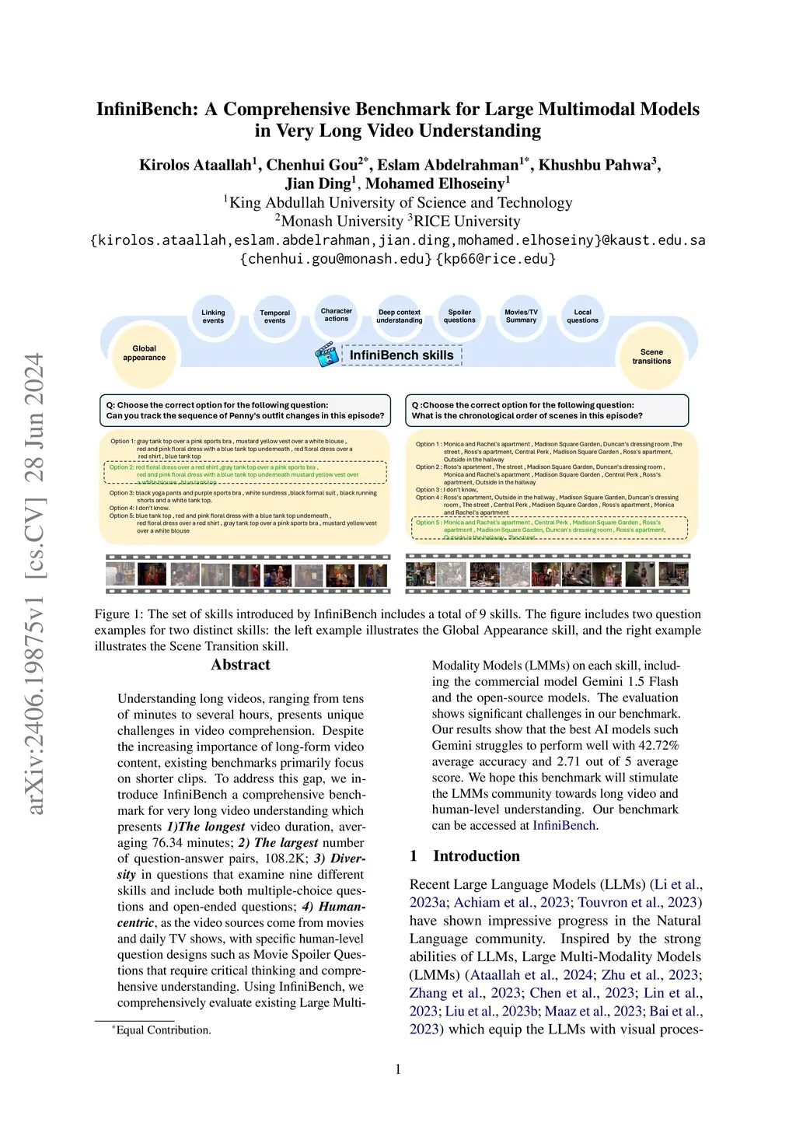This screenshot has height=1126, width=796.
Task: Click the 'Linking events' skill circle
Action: pos(213,316)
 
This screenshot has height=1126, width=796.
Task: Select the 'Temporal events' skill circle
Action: pos(274,316)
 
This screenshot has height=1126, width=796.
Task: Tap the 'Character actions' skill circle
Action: pos(337,315)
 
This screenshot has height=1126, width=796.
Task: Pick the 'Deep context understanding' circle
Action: pos(399,316)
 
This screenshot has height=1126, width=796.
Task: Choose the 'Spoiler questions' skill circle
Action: pos(459,316)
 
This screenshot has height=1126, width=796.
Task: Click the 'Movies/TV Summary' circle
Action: pos(521,316)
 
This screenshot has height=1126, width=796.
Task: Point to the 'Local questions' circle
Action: pos(582,316)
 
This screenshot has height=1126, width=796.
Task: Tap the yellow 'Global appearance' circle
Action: pos(145,354)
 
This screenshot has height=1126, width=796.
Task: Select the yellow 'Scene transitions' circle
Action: pos(651,357)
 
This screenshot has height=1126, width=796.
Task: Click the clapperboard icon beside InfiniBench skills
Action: pos(326,355)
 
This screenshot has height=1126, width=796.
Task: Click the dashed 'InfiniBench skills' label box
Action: pos(402,355)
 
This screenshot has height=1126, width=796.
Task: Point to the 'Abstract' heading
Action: pos(240,665)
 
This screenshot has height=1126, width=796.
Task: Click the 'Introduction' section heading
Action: pos(476,856)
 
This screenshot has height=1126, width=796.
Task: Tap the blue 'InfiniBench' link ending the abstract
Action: pos(564,826)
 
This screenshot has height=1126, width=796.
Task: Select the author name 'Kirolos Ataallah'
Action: pos(196,165)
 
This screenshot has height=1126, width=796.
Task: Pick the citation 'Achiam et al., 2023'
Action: pos(511,902)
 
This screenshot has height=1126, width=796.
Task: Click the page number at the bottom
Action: pos(398,1069)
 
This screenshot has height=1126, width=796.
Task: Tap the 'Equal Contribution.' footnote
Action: pos(162,1030)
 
